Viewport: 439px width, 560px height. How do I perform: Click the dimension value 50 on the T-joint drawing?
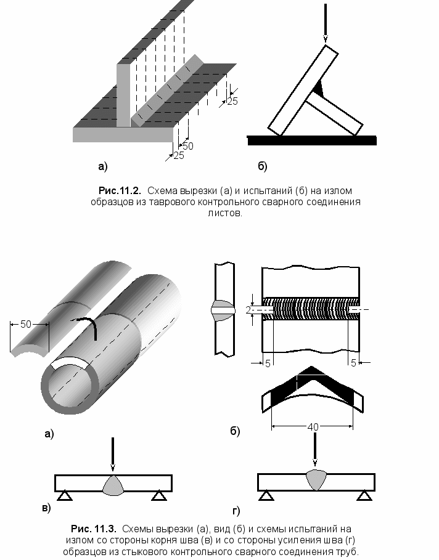point(187,146)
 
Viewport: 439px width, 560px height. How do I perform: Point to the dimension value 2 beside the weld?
point(248,310)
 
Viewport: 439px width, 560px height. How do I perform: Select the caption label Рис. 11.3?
point(94,529)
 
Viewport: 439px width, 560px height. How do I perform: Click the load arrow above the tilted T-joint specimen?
point(326,25)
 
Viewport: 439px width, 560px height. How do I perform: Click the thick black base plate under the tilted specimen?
point(311,140)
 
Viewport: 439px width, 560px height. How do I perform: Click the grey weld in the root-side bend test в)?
point(113,485)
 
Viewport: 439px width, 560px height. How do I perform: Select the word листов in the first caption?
point(225,214)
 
